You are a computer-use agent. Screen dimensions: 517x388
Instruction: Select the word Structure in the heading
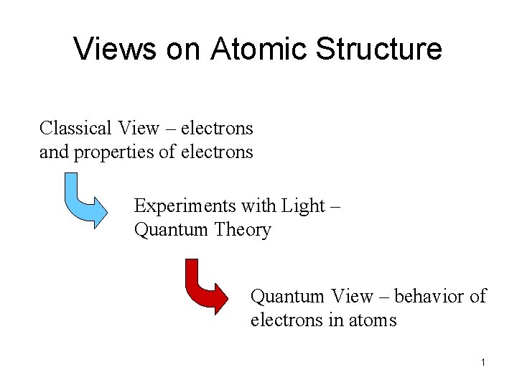pyautogui.click(x=379, y=49)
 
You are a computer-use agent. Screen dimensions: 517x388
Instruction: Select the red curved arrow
pyautogui.click(x=205, y=286)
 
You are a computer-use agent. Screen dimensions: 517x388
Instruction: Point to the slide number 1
pyautogui.click(x=484, y=363)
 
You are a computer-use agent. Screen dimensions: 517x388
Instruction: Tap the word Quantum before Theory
pyautogui.click(x=169, y=230)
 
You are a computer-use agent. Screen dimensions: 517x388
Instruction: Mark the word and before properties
pyautogui.click(x=52, y=152)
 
